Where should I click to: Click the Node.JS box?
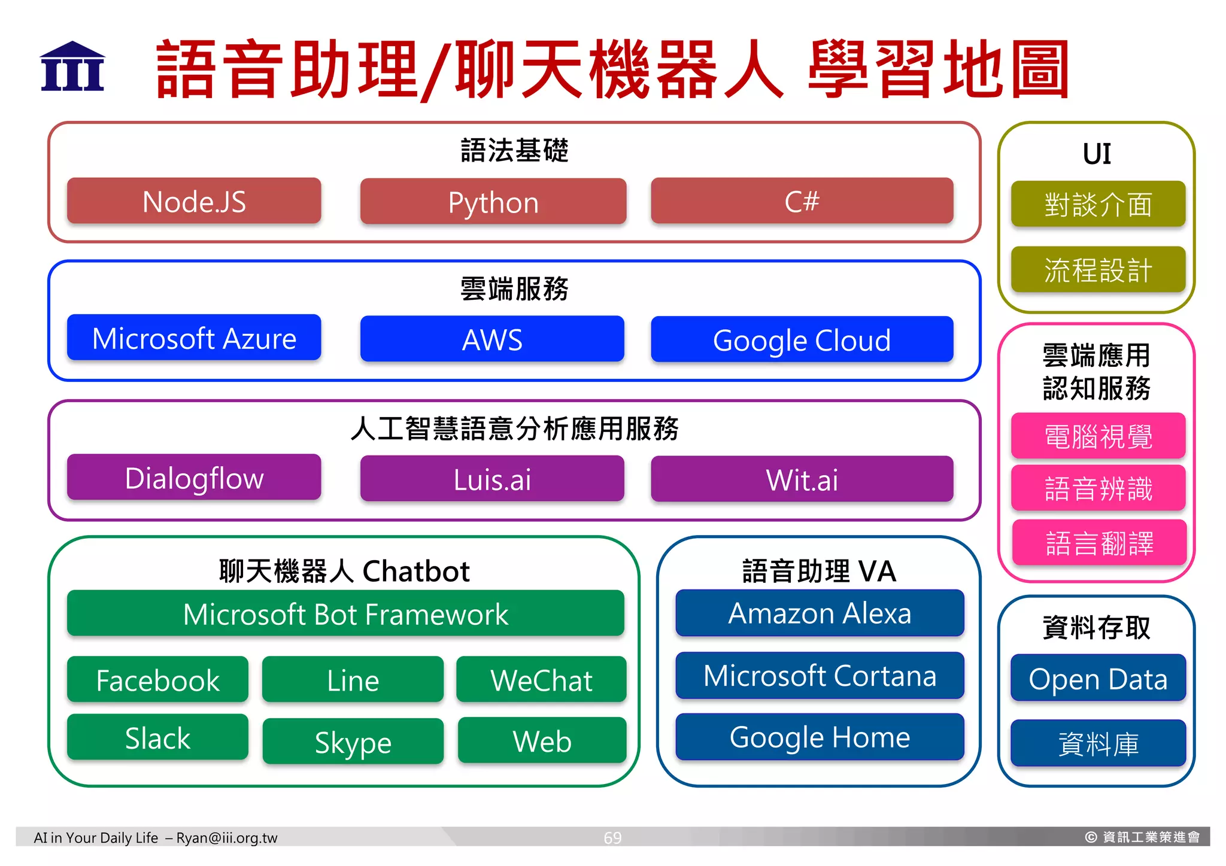[x=194, y=201]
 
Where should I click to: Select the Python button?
[x=493, y=202]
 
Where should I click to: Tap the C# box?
[x=802, y=201]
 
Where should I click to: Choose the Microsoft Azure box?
[x=194, y=338]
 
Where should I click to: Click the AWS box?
[x=492, y=339]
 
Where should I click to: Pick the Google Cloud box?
[x=802, y=340]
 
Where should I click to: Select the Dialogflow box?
[x=194, y=478]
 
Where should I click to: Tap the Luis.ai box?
[x=492, y=479]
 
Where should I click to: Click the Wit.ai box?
[x=802, y=479]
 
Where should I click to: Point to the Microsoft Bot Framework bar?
[x=345, y=614]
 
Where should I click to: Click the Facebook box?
[x=157, y=680]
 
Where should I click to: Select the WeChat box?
[x=541, y=680]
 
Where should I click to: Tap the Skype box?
[x=353, y=742]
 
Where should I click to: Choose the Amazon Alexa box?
[x=820, y=613]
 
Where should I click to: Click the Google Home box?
[x=820, y=737]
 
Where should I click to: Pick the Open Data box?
[x=1098, y=679]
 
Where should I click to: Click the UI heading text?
[x=1097, y=154]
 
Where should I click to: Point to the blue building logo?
[x=72, y=66]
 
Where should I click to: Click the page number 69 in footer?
[x=612, y=837]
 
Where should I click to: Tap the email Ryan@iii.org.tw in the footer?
[x=227, y=837]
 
